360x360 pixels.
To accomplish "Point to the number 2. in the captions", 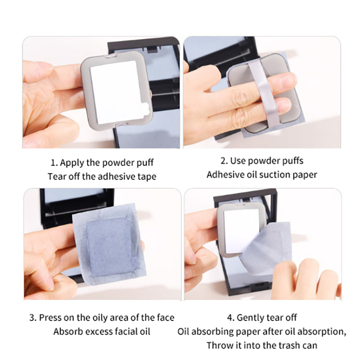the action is [x=224, y=161].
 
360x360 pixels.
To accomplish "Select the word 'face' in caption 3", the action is [x=166, y=318].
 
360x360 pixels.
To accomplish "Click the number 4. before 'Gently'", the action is [x=231, y=318].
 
